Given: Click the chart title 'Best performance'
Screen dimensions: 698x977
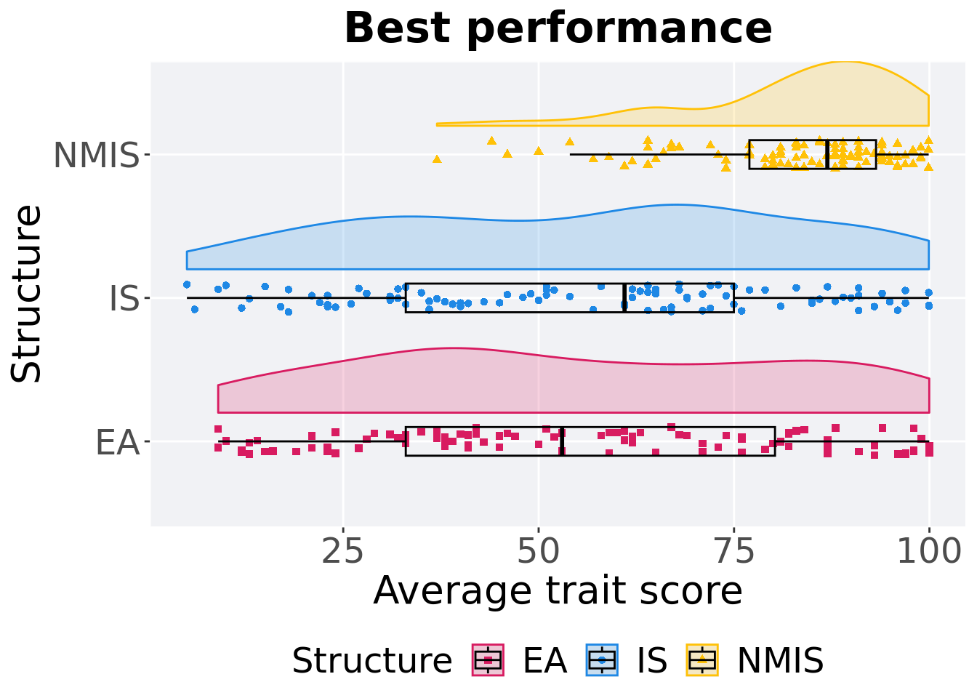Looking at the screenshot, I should point(558,28).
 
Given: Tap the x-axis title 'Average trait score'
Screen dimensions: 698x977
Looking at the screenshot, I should point(558,590).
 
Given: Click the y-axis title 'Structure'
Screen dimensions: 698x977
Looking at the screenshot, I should point(28,293).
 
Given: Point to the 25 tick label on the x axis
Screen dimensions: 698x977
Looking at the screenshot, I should point(342,553).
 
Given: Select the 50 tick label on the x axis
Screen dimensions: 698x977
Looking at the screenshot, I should point(538,553).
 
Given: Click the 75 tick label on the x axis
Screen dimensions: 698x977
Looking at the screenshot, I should point(733,553).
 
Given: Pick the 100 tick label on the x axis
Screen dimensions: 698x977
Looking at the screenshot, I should point(928,553).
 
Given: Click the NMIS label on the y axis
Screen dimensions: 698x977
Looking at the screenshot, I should point(96,156).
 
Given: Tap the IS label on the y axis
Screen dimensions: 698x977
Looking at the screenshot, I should point(124,299).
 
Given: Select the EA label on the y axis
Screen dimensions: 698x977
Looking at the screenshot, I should point(117,442).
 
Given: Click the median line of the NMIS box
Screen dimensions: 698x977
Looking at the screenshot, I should point(827,154).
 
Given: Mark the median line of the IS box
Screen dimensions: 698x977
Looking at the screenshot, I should point(624,297).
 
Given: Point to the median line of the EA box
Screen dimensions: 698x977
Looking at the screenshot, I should point(562,441).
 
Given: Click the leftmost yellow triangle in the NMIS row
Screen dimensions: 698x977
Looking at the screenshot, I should point(437,159).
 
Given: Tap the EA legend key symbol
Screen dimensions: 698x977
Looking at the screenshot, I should point(488,660).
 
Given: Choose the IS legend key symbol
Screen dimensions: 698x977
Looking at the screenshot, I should point(603,660).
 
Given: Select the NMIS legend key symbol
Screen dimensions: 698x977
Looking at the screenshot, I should point(702,660).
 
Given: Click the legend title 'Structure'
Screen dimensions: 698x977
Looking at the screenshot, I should point(371,661).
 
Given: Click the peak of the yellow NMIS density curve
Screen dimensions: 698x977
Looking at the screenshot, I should point(843,63).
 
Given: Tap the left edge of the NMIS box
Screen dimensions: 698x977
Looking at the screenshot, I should point(749,154).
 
